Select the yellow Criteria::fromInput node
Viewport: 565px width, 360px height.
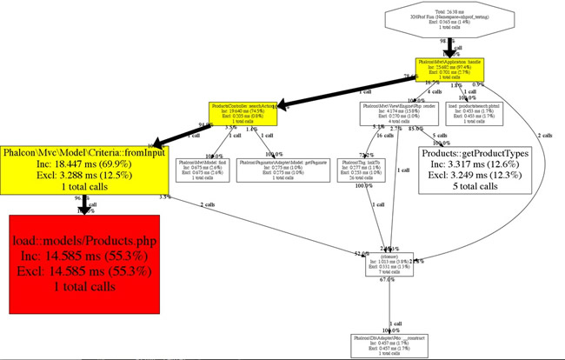coord(83,168)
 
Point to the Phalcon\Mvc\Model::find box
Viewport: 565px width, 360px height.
coord(205,169)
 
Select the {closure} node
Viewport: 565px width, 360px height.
coord(389,264)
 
